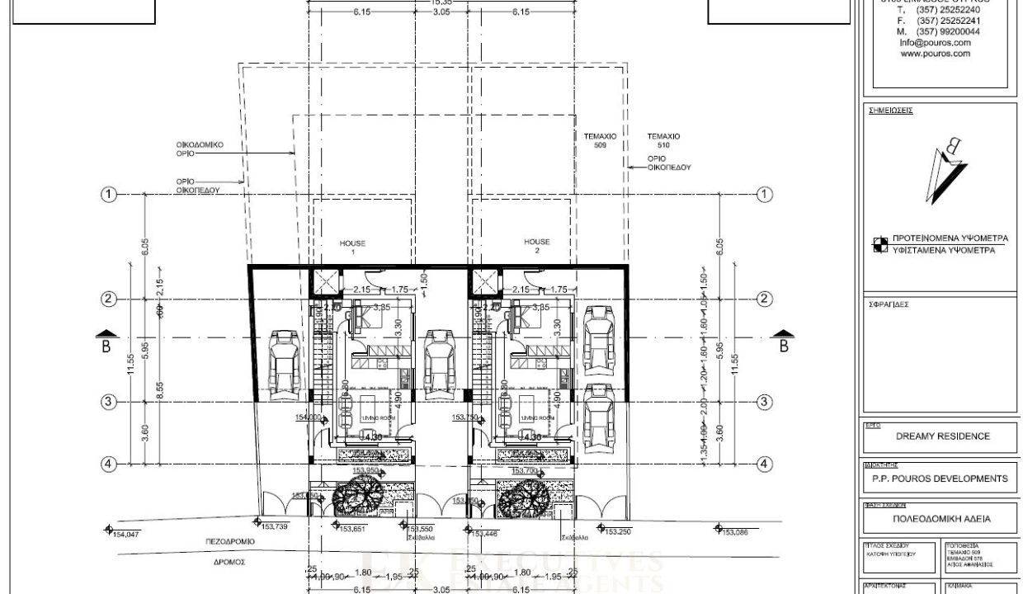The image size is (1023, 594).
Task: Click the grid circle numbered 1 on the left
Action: pos(108,195)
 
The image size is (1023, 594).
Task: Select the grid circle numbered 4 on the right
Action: pos(765,464)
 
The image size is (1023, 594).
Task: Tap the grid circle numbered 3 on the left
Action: pos(108,402)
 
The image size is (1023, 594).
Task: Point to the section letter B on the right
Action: pos(783,346)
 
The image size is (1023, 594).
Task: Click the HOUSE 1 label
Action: pos(352,247)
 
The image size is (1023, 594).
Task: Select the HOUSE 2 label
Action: pos(537,246)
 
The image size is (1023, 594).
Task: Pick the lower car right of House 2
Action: pos(597,413)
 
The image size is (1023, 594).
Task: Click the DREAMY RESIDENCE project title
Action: pos(942,436)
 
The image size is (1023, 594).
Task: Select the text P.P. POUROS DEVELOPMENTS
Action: pos(940,478)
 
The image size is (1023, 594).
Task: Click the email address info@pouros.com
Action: pos(935,43)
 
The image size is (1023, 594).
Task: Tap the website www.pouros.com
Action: pos(935,54)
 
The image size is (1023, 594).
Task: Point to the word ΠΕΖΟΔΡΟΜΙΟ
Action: pos(230,542)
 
